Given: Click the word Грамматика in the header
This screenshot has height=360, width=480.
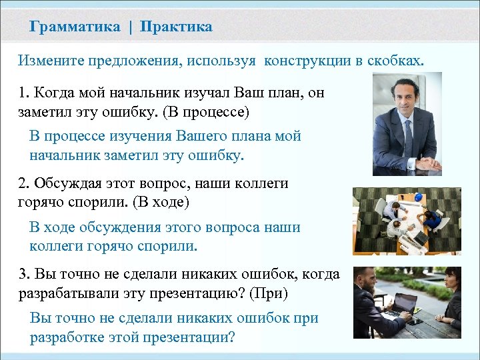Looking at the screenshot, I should click(75, 27).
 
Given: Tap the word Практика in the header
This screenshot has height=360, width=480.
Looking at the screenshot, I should click(177, 27).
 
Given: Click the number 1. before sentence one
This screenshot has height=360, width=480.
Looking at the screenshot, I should click(23, 93).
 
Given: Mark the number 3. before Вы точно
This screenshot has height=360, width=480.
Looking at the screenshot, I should click(23, 274).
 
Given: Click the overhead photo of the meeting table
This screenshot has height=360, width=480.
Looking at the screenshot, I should click(407, 220).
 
